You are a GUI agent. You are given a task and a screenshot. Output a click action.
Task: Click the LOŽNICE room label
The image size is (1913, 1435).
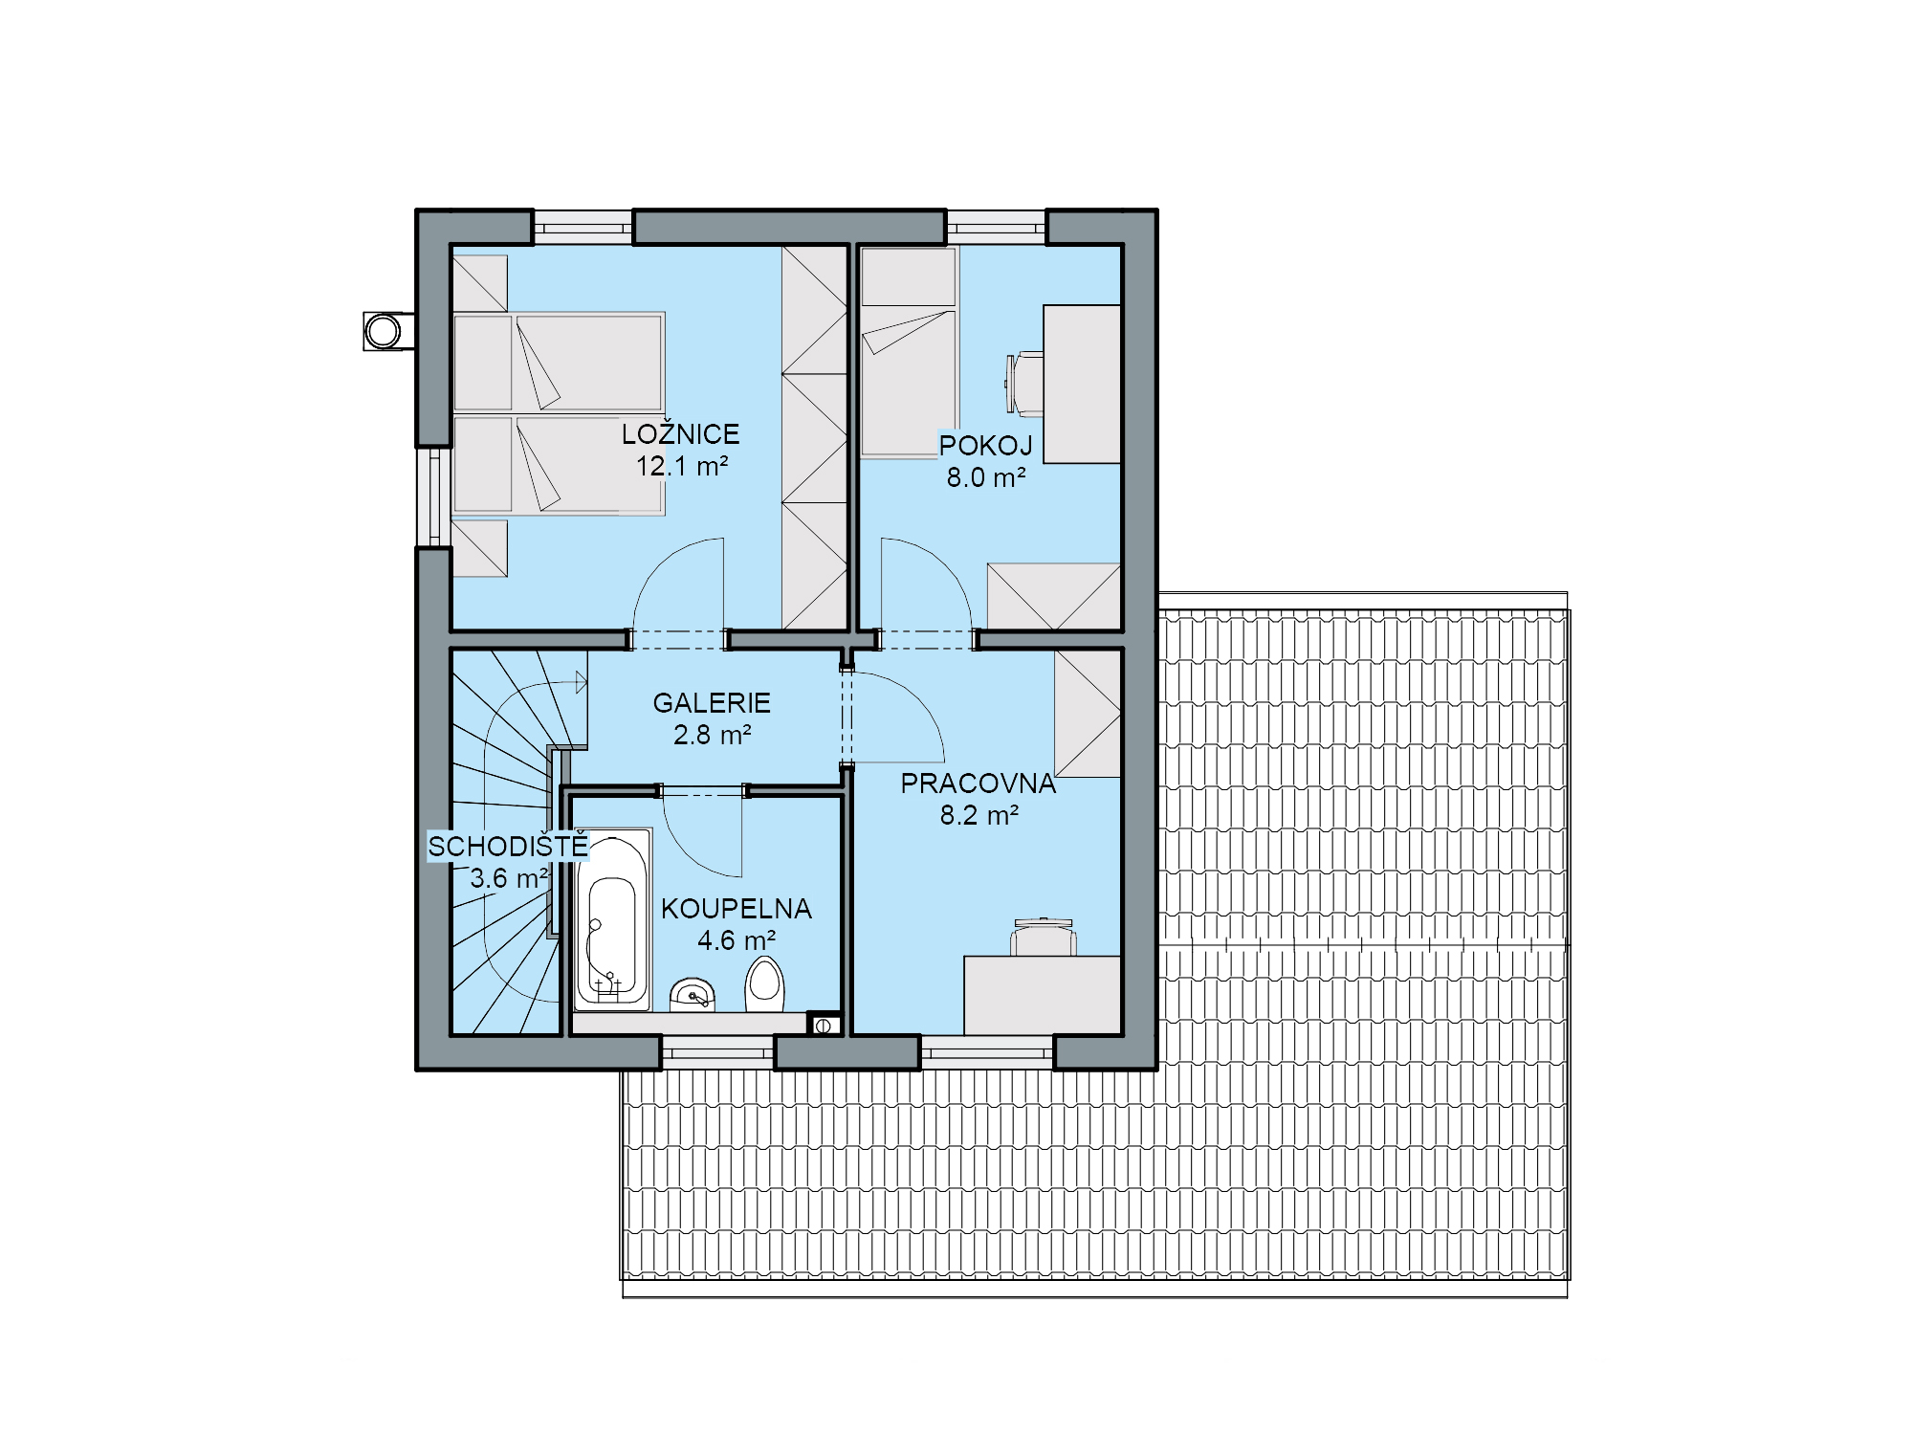tap(680, 433)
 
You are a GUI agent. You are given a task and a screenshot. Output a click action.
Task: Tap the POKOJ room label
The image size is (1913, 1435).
tap(985, 446)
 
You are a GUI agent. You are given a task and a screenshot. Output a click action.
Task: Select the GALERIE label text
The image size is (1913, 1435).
tap(712, 703)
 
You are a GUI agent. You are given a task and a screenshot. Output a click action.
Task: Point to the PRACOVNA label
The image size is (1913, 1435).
tap(978, 784)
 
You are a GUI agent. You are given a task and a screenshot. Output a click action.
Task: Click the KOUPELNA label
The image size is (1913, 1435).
tap(737, 909)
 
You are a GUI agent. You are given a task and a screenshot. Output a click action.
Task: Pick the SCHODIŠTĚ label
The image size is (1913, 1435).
tap(508, 847)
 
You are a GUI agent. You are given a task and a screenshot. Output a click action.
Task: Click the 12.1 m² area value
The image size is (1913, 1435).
tap(682, 467)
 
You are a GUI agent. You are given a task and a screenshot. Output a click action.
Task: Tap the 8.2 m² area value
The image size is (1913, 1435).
tap(978, 816)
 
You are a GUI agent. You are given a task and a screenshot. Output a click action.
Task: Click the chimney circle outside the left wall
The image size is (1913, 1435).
tap(384, 331)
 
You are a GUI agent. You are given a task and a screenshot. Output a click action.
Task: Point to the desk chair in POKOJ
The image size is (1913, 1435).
tap(1023, 384)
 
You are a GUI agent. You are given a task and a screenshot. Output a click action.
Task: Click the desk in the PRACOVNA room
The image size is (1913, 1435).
tap(1042, 995)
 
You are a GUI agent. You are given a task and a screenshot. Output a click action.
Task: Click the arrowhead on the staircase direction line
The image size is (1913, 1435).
tap(582, 682)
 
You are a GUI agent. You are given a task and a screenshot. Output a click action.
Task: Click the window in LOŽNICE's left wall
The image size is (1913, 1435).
tap(434, 497)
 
